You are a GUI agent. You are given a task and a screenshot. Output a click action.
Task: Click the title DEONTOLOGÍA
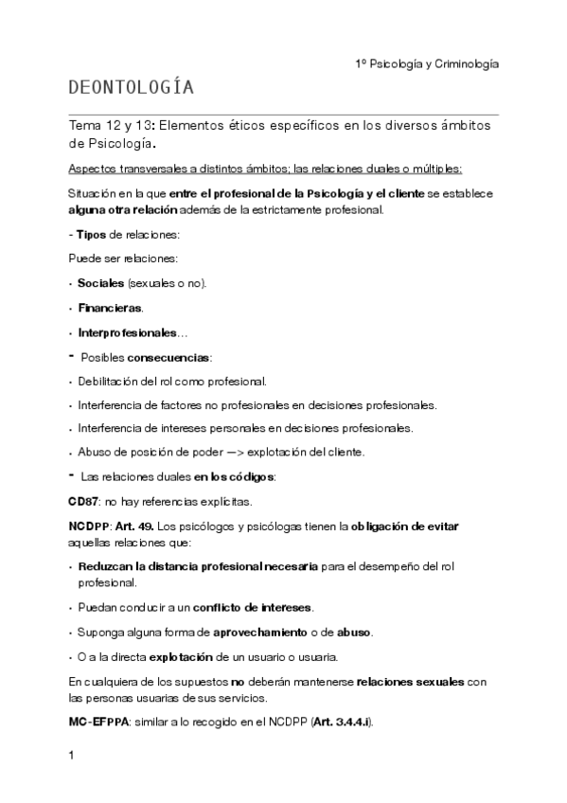[132, 89]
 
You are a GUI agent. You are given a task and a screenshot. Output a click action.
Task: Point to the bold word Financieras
[110, 308]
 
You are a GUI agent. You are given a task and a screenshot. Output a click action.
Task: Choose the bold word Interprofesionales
[127, 333]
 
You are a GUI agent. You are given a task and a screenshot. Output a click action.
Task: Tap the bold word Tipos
[93, 233]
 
